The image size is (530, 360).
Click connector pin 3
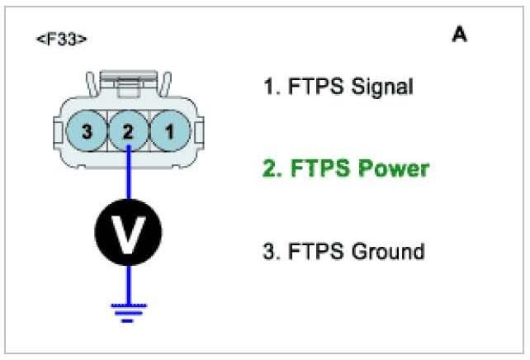(85, 130)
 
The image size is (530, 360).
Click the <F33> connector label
(62, 39)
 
